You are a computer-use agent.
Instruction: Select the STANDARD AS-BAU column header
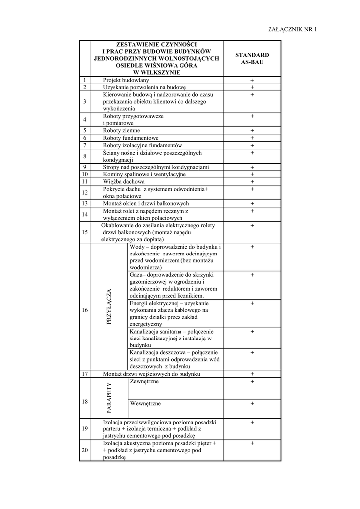click(x=252, y=59)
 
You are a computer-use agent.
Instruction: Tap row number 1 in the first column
click(x=85, y=80)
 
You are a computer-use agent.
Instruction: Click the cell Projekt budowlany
click(x=126, y=80)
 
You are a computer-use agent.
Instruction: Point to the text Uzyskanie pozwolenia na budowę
click(x=144, y=87)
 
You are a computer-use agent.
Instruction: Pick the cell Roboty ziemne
click(x=121, y=131)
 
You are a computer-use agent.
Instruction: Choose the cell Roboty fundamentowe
click(x=131, y=138)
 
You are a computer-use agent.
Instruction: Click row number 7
click(x=85, y=145)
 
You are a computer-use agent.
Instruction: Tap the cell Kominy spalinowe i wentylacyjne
click(x=144, y=174)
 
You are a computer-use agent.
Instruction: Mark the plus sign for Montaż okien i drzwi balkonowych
click(x=252, y=204)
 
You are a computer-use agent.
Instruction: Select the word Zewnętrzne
click(x=144, y=381)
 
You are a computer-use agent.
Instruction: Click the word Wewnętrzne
click(x=145, y=403)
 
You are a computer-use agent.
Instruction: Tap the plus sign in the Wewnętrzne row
click(x=252, y=404)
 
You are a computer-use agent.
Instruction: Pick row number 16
click(x=85, y=310)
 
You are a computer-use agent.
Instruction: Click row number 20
click(x=85, y=450)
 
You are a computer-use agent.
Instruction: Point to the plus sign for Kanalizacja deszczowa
click(x=252, y=353)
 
